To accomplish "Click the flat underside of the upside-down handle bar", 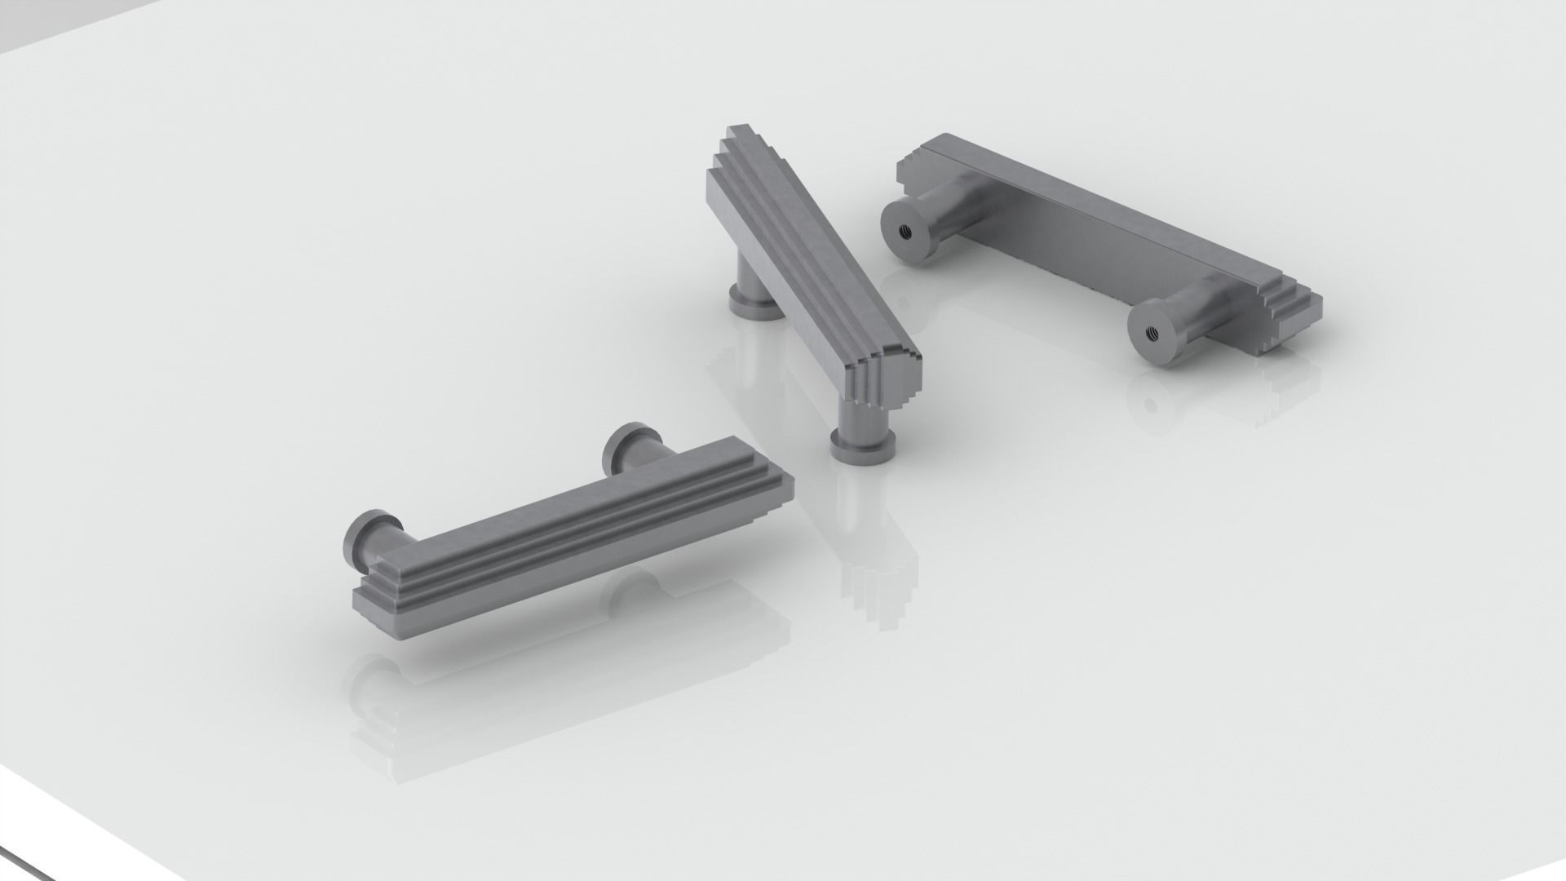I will coord(1085,237).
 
